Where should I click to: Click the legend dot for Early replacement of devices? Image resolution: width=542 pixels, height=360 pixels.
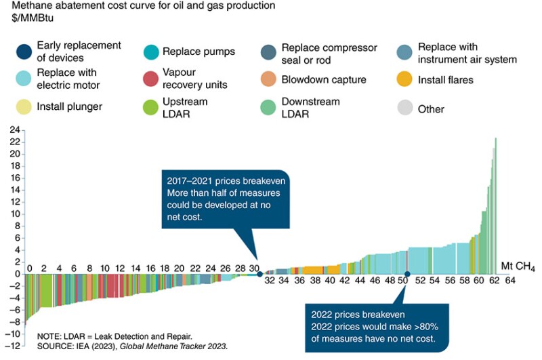[24, 52]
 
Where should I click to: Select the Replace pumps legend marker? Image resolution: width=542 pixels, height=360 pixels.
[152, 52]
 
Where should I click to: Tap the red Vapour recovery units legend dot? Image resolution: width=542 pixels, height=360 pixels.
[152, 79]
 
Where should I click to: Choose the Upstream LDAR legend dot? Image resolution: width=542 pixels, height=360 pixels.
[152, 108]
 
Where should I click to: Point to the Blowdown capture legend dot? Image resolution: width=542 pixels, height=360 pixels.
[269, 79]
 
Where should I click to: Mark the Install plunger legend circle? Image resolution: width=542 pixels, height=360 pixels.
[24, 106]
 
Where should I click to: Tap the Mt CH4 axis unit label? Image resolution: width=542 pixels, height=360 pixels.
[518, 265]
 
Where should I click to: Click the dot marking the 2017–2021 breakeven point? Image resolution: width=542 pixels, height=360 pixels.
[259, 274]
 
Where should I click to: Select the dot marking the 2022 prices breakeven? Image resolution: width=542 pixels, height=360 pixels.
[406, 274]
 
